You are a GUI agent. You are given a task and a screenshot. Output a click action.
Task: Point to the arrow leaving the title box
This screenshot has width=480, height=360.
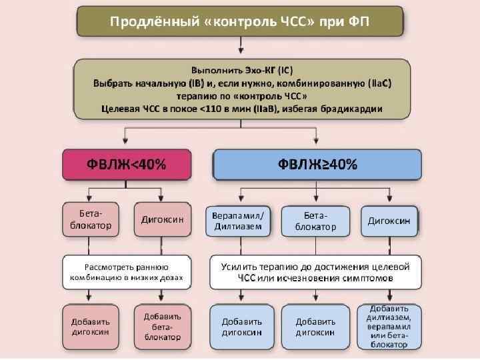[240, 47]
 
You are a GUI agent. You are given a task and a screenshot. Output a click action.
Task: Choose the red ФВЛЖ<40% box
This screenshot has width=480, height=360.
[127, 165]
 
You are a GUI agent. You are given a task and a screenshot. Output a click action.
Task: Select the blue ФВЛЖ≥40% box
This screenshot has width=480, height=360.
[317, 165]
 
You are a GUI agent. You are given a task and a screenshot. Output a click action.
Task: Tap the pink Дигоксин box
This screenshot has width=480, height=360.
[163, 219]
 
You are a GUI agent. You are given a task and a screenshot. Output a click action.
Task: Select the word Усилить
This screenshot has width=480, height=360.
[240, 266]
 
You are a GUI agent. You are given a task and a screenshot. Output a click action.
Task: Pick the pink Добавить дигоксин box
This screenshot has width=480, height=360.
[91, 326]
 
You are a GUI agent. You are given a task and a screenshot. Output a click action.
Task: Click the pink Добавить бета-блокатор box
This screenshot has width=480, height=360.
[163, 327]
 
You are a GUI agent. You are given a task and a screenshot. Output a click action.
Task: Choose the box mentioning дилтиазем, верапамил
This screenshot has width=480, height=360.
[389, 327]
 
